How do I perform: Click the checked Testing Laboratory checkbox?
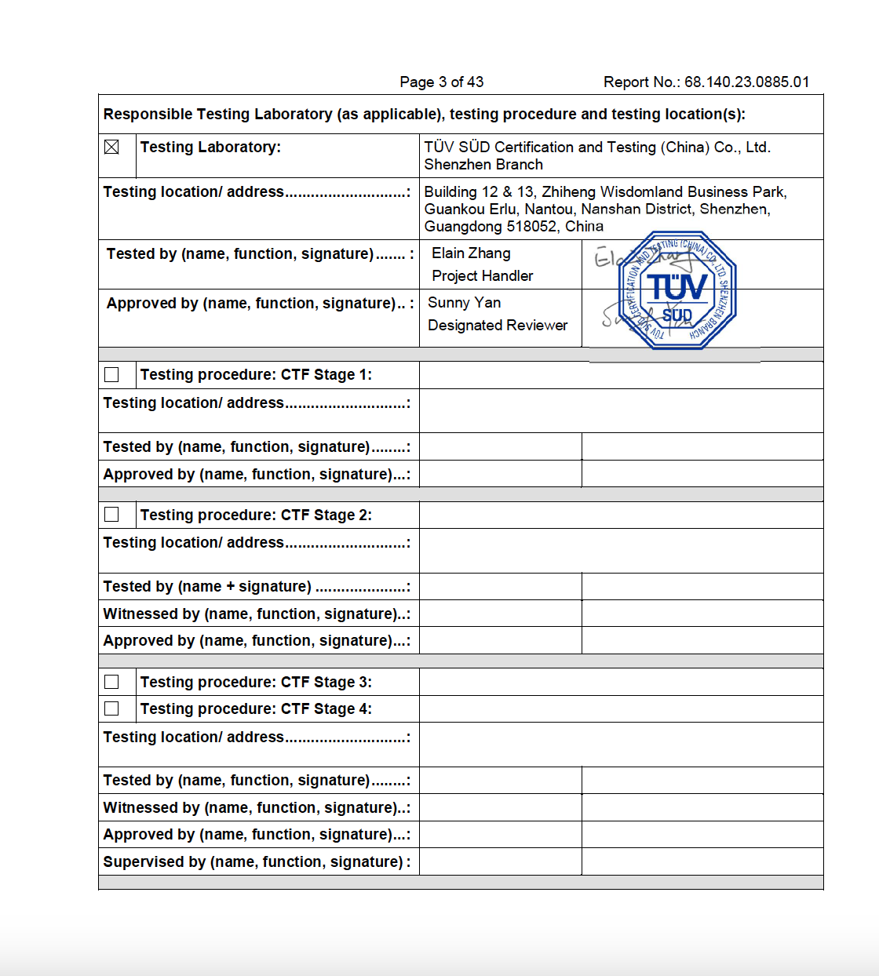(x=111, y=147)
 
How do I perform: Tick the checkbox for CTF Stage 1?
(x=111, y=375)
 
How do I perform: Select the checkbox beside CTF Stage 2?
(x=111, y=515)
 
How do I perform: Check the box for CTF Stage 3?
(x=111, y=682)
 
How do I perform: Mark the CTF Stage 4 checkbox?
(x=111, y=708)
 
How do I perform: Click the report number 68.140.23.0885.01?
(x=746, y=82)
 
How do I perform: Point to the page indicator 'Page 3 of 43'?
(x=441, y=82)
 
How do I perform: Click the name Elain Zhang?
(x=471, y=253)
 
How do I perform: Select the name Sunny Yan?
(x=464, y=303)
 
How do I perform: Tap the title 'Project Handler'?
(x=482, y=276)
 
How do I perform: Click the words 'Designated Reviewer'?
(x=498, y=326)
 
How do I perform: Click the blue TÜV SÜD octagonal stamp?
(x=677, y=290)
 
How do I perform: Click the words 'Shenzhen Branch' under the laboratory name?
(x=483, y=165)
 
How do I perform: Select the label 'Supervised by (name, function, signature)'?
(x=253, y=862)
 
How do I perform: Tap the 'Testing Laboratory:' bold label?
(x=210, y=147)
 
